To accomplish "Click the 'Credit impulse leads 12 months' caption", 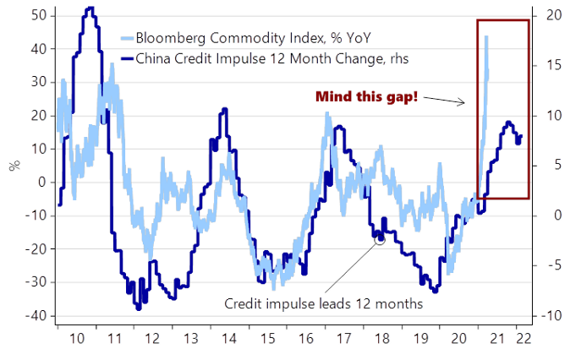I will (324, 303).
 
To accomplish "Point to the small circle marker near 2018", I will (380, 240).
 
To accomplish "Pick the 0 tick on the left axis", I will (40, 182).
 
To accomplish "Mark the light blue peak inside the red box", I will (486, 36).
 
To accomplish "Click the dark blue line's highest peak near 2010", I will (90, 8).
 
